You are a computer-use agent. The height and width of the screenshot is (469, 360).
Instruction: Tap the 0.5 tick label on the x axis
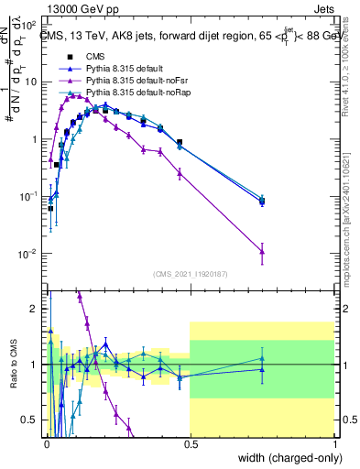[x=191, y=445]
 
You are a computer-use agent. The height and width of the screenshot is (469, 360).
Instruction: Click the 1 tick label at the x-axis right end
[x=335, y=445]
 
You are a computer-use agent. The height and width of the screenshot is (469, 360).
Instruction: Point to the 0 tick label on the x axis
[x=46, y=445]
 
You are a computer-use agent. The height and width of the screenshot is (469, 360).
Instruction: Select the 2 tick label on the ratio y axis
[x=37, y=309]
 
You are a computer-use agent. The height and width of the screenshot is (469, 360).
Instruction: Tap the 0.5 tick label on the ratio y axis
[x=33, y=420]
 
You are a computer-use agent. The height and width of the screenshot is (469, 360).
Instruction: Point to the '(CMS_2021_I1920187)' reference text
[x=191, y=274]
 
